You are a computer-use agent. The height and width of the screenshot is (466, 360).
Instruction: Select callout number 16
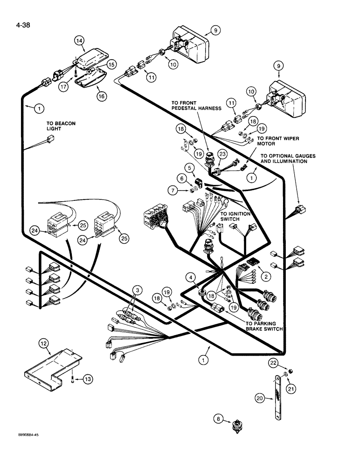[101, 96]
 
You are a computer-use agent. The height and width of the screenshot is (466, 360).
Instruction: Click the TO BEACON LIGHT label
[61, 126]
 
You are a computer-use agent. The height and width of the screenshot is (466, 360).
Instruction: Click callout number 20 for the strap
[260, 397]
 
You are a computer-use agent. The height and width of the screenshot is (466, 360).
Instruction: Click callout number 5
[189, 166]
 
